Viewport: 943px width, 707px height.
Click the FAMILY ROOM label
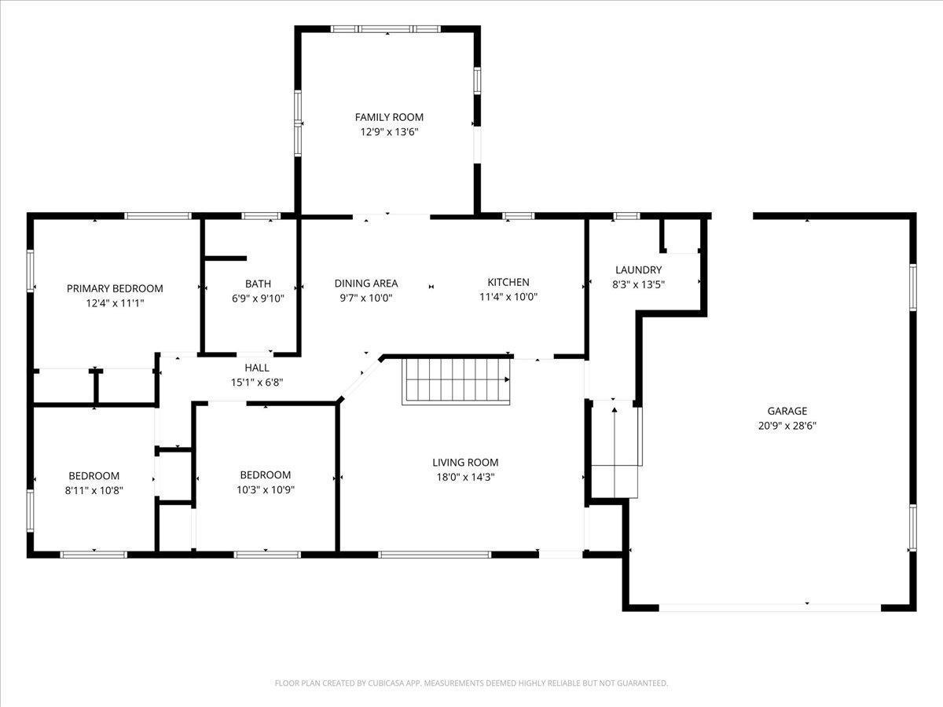coord(389,117)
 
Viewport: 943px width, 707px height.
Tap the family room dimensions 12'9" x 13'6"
coord(389,132)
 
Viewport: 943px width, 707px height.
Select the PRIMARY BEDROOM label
coord(115,288)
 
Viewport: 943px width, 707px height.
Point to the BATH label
coord(258,284)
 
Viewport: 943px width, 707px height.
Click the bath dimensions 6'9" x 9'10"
coord(258,299)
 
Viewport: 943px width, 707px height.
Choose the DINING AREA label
coord(366,284)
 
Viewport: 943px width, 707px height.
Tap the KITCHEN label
coord(508,282)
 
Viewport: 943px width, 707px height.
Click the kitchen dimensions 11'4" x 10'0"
coord(508,297)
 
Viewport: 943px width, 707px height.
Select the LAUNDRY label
coord(638,270)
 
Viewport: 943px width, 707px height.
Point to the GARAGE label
coord(787,411)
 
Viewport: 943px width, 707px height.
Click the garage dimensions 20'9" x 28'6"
coord(787,426)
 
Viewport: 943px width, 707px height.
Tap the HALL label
coord(257,368)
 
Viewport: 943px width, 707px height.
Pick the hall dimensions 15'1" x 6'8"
coord(257,382)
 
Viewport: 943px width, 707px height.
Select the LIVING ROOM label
coord(465,463)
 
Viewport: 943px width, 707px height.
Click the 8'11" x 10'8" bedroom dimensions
coord(94,490)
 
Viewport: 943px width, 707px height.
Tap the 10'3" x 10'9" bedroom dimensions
coord(266,489)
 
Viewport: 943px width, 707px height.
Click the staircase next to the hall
coord(456,382)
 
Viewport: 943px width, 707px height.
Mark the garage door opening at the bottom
coord(770,607)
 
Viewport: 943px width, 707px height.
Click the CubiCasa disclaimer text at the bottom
coord(472,683)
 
